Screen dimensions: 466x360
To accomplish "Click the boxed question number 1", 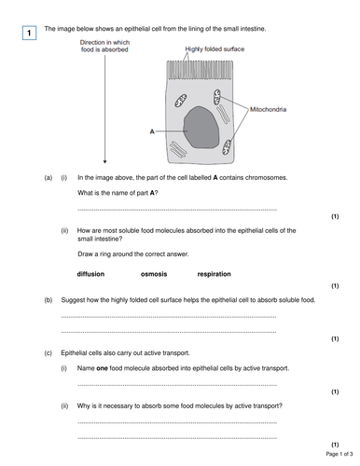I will point(29,34).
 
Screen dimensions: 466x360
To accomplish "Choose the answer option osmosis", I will point(154,274).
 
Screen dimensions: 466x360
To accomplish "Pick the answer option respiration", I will point(214,274).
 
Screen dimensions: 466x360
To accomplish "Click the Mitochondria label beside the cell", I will point(268,109).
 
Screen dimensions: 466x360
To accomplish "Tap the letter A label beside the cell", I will point(150,131).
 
